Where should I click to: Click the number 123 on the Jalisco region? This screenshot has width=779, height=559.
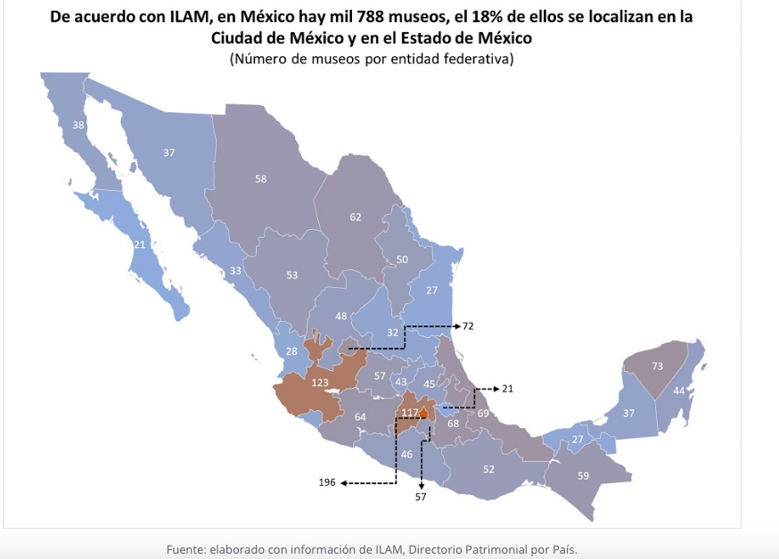tap(320, 382)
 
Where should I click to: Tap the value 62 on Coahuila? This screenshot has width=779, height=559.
tap(356, 217)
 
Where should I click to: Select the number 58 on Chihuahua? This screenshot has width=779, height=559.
tap(261, 179)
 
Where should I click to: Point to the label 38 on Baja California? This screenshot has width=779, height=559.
tap(78, 126)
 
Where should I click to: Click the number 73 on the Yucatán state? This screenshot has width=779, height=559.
tap(658, 366)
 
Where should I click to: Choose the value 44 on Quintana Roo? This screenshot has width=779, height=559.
tap(679, 390)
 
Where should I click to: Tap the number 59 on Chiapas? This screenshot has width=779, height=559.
tap(583, 475)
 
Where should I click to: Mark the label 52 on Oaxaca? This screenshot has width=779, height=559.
tap(488, 469)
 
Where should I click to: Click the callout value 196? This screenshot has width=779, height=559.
tap(327, 482)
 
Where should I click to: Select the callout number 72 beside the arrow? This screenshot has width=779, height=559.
tap(468, 326)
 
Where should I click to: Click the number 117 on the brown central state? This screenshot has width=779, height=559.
tap(409, 413)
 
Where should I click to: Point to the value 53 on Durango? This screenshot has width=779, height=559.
tap(291, 275)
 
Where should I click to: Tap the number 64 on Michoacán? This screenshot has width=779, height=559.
tap(360, 417)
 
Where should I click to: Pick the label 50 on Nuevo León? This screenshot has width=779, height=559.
tap(402, 259)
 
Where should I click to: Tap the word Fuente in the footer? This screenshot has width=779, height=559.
tap(187, 549)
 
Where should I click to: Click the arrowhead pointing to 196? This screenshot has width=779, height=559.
tap(343, 483)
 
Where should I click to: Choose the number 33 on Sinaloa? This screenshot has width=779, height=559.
tap(235, 271)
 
